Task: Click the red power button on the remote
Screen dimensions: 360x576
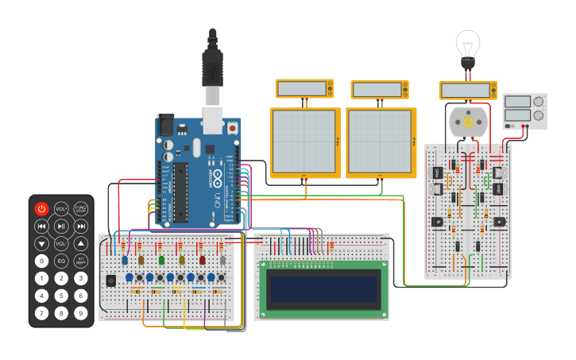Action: pyautogui.click(x=41, y=209)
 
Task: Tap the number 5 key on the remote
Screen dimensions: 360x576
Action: pyautogui.click(x=61, y=296)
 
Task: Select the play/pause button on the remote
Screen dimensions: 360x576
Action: pyautogui.click(x=61, y=226)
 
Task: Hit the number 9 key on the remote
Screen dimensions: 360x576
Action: pyautogui.click(x=81, y=313)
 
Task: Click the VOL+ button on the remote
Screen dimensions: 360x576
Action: pyautogui.click(x=61, y=209)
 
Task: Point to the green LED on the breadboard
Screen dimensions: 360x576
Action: pyautogui.click(x=161, y=260)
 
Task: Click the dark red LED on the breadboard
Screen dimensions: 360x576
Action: pyautogui.click(x=203, y=260)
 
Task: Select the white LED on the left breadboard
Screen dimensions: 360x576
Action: pyautogui.click(x=223, y=260)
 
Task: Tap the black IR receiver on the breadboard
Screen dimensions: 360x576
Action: pyautogui.click(x=110, y=280)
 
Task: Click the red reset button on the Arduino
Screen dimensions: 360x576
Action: pyautogui.click(x=232, y=127)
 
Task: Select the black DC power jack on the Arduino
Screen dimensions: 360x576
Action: pyautogui.click(x=166, y=125)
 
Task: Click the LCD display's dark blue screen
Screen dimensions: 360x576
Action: pyautogui.click(x=322, y=289)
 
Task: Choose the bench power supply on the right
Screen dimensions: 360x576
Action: pyautogui.click(x=525, y=111)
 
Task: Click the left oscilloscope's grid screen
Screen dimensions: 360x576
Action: pyautogui.click(x=305, y=143)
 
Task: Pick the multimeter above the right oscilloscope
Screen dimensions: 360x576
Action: pyautogui.click(x=380, y=89)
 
